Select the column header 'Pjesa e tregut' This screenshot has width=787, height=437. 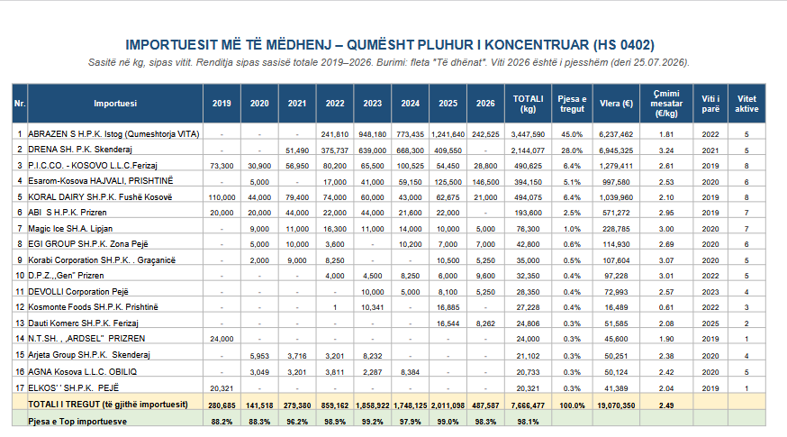click(572, 104)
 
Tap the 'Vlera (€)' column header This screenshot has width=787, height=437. click(616, 104)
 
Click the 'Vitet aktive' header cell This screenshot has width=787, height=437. click(746, 104)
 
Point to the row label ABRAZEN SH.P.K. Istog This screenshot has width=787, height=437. click(113, 134)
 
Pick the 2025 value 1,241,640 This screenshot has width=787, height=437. click(448, 134)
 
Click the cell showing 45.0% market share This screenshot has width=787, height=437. click(572, 134)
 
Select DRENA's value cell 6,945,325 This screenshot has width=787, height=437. click(616, 150)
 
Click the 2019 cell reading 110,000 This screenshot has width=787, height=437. click(222, 197)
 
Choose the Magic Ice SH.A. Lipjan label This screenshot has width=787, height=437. click(70, 229)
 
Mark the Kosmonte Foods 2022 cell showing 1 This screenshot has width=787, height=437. click(335, 307)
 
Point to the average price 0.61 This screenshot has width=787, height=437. click(666, 307)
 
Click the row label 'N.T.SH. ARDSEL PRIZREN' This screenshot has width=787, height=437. click(86, 339)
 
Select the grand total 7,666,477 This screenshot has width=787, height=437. click(528, 405)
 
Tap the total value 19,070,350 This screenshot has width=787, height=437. click(616, 405)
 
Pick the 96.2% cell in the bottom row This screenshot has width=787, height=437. click(297, 422)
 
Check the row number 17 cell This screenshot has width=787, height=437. click(20, 387)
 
